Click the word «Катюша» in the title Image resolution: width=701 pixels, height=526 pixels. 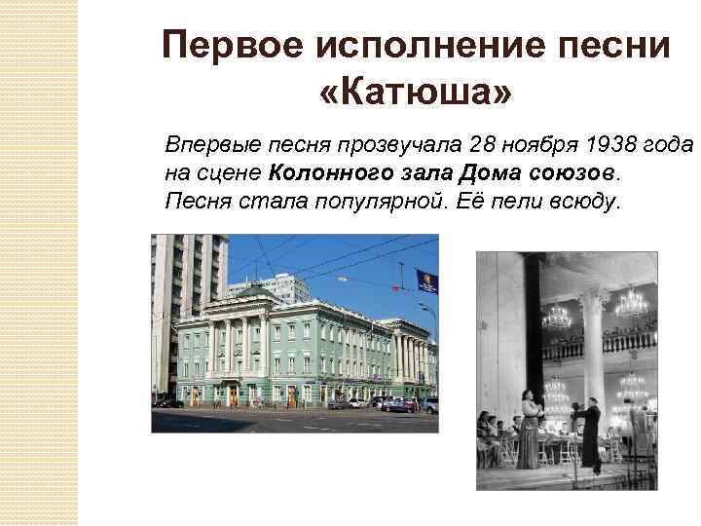(416, 94)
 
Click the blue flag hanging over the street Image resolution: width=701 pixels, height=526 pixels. (427, 280)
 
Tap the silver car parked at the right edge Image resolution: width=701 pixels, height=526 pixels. (429, 404)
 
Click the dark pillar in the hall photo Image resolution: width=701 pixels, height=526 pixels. (533, 321)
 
